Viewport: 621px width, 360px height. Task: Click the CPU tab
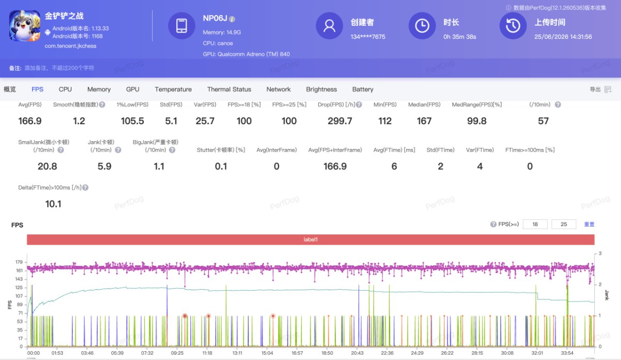65,89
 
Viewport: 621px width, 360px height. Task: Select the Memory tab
99,89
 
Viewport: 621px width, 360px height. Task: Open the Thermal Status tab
229,89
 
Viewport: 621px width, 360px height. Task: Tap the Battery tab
363,89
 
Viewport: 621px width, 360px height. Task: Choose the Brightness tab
321,89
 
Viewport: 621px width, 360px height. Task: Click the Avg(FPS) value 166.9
30,121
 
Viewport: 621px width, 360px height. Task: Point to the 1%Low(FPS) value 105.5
132,121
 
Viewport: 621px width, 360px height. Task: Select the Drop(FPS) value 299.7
340,121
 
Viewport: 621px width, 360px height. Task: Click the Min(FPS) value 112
385,121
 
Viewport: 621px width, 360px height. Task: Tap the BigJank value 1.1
159,166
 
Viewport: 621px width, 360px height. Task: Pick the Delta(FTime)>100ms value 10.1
53,204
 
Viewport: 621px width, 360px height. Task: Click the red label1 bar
310,239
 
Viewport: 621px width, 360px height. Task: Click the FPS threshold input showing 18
535,224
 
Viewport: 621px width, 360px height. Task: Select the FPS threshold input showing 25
564,224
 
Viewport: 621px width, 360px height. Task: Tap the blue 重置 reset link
589,224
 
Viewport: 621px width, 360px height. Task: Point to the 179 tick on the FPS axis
19,262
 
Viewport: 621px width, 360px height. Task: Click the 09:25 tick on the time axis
177,353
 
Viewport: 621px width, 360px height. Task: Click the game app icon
24,26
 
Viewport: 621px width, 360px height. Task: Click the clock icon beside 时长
422,26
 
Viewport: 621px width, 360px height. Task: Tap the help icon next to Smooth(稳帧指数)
102,104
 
